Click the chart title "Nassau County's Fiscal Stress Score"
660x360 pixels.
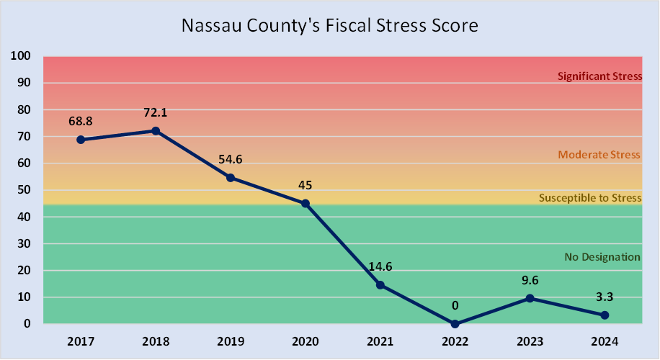pos(329,26)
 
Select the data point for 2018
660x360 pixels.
pos(156,131)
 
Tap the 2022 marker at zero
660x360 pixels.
pos(455,324)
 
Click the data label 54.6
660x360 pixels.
pos(231,159)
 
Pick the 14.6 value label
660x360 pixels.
pos(380,266)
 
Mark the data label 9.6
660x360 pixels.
pos(530,279)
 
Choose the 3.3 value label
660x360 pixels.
pos(605,297)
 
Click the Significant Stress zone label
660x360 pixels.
pos(599,76)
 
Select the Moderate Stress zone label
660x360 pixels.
pos(599,155)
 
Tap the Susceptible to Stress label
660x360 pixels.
pos(590,198)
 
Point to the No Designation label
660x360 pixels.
pos(602,257)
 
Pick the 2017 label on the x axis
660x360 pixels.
pos(81,341)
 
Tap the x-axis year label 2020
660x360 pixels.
pos(306,341)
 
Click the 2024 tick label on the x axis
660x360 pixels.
pos(605,341)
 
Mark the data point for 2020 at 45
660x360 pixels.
pos(306,204)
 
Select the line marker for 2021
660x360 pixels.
pos(380,285)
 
